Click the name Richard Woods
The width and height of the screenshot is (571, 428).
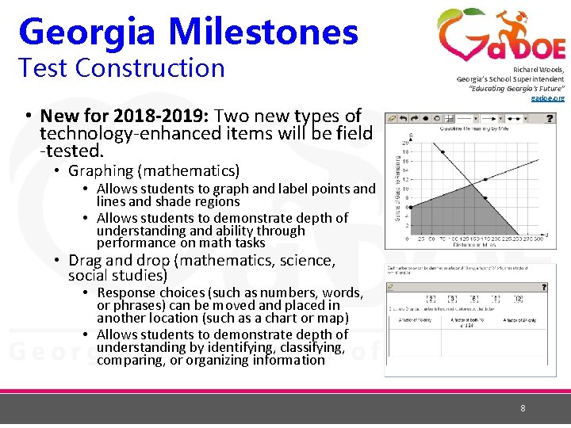click(538, 70)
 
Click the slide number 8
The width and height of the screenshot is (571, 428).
click(523, 408)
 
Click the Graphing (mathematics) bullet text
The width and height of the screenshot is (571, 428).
click(154, 170)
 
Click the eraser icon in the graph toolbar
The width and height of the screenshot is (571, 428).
click(391, 118)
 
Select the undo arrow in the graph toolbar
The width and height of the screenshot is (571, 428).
click(404, 118)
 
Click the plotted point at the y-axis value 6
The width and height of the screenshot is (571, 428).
click(407, 208)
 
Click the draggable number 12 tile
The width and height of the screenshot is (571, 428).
click(517, 299)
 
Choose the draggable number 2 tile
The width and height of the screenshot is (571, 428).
click(431, 299)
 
